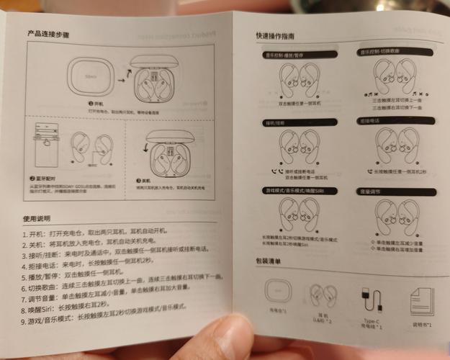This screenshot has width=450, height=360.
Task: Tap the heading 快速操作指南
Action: click(279, 36)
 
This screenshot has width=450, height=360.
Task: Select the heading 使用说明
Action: click(39, 218)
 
